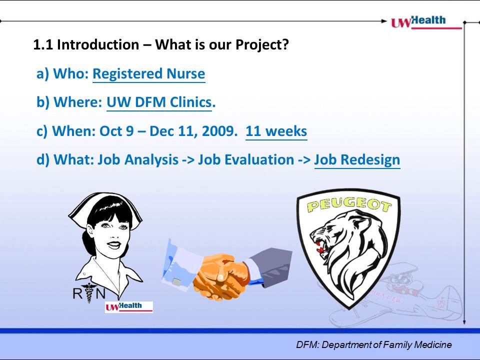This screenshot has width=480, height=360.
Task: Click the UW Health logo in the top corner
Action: pos(426,22)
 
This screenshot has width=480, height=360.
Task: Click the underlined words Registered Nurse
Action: pos(149,74)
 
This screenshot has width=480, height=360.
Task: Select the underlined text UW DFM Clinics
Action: pos(159,102)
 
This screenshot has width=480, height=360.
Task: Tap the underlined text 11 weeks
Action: pos(276,131)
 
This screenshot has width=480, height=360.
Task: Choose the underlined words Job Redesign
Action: pos(357,160)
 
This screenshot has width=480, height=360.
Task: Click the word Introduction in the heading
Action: pos(98,44)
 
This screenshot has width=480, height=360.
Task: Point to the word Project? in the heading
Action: pos(262,45)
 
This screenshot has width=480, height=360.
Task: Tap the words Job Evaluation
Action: pos(246,160)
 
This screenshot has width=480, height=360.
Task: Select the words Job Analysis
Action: pos(138,160)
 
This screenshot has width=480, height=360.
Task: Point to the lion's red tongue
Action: pos(319,248)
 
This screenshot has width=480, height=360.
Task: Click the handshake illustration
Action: pos(227,269)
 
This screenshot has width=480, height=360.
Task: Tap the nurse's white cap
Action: pos(105,207)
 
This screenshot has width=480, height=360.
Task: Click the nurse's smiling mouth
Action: pos(114,244)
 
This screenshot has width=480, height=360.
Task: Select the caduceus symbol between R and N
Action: pos(88,292)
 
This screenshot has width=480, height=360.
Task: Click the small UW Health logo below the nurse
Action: pos(129,306)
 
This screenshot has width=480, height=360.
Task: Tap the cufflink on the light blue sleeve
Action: pos(176,281)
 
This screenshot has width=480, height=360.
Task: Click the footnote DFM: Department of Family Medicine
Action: pos(374,344)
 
